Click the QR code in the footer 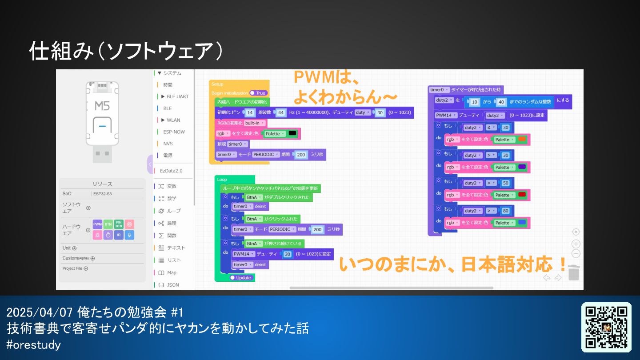pyautogui.click(x=606, y=327)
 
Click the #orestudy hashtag pyautogui.click(x=34, y=344)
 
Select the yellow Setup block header pyautogui.click(x=218, y=84)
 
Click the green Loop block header pyautogui.click(x=222, y=180)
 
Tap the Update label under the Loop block pyautogui.click(x=243, y=278)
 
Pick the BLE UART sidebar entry pyautogui.click(x=177, y=96)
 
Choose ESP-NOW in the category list pyautogui.click(x=174, y=132)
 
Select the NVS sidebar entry pyautogui.click(x=168, y=144)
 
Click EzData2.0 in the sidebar pyautogui.click(x=171, y=171)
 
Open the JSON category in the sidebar pyautogui.click(x=172, y=285)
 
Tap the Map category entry pyautogui.click(x=172, y=272)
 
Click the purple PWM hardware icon pyautogui.click(x=97, y=224)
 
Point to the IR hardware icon pyautogui.click(x=119, y=235)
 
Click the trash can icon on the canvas pyautogui.click(x=574, y=272)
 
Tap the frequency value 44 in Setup pyautogui.click(x=281, y=112)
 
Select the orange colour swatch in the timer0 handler pyautogui.click(x=522, y=140)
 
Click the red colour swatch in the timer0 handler pyautogui.click(x=522, y=195)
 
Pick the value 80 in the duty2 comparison pyautogui.click(x=505, y=211)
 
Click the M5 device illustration pyautogui.click(x=102, y=120)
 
